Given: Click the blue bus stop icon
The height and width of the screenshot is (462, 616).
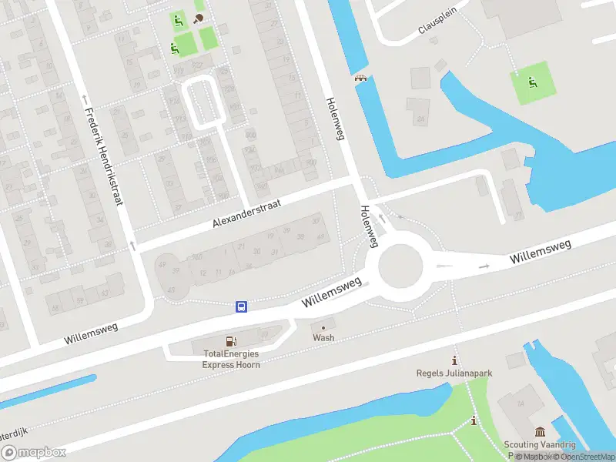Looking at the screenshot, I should coord(241,306).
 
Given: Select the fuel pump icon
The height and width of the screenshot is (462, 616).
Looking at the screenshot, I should coord(230,341).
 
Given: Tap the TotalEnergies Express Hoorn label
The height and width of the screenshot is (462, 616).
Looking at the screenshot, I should coord(231,359).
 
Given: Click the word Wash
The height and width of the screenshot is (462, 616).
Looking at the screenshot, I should coord(323,338).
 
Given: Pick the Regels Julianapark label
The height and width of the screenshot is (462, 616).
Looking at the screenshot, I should coord(454,373).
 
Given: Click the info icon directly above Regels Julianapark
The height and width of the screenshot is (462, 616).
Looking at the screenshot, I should coord(455,360).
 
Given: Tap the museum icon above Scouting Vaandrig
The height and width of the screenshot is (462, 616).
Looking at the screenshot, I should coord(539,431).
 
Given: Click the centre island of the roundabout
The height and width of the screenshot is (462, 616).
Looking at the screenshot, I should coord(400,266).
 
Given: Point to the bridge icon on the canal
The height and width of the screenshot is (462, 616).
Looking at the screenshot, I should coord(360,78).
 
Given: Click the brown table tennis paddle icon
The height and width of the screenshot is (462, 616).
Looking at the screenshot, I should coord(199,18).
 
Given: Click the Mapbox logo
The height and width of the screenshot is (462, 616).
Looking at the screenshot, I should coord(34,453).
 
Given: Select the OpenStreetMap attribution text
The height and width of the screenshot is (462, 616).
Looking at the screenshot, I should coord(581,457).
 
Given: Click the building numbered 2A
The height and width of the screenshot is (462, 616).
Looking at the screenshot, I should coord(420,119).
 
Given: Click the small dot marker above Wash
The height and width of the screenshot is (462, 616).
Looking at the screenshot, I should coord(323,328).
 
